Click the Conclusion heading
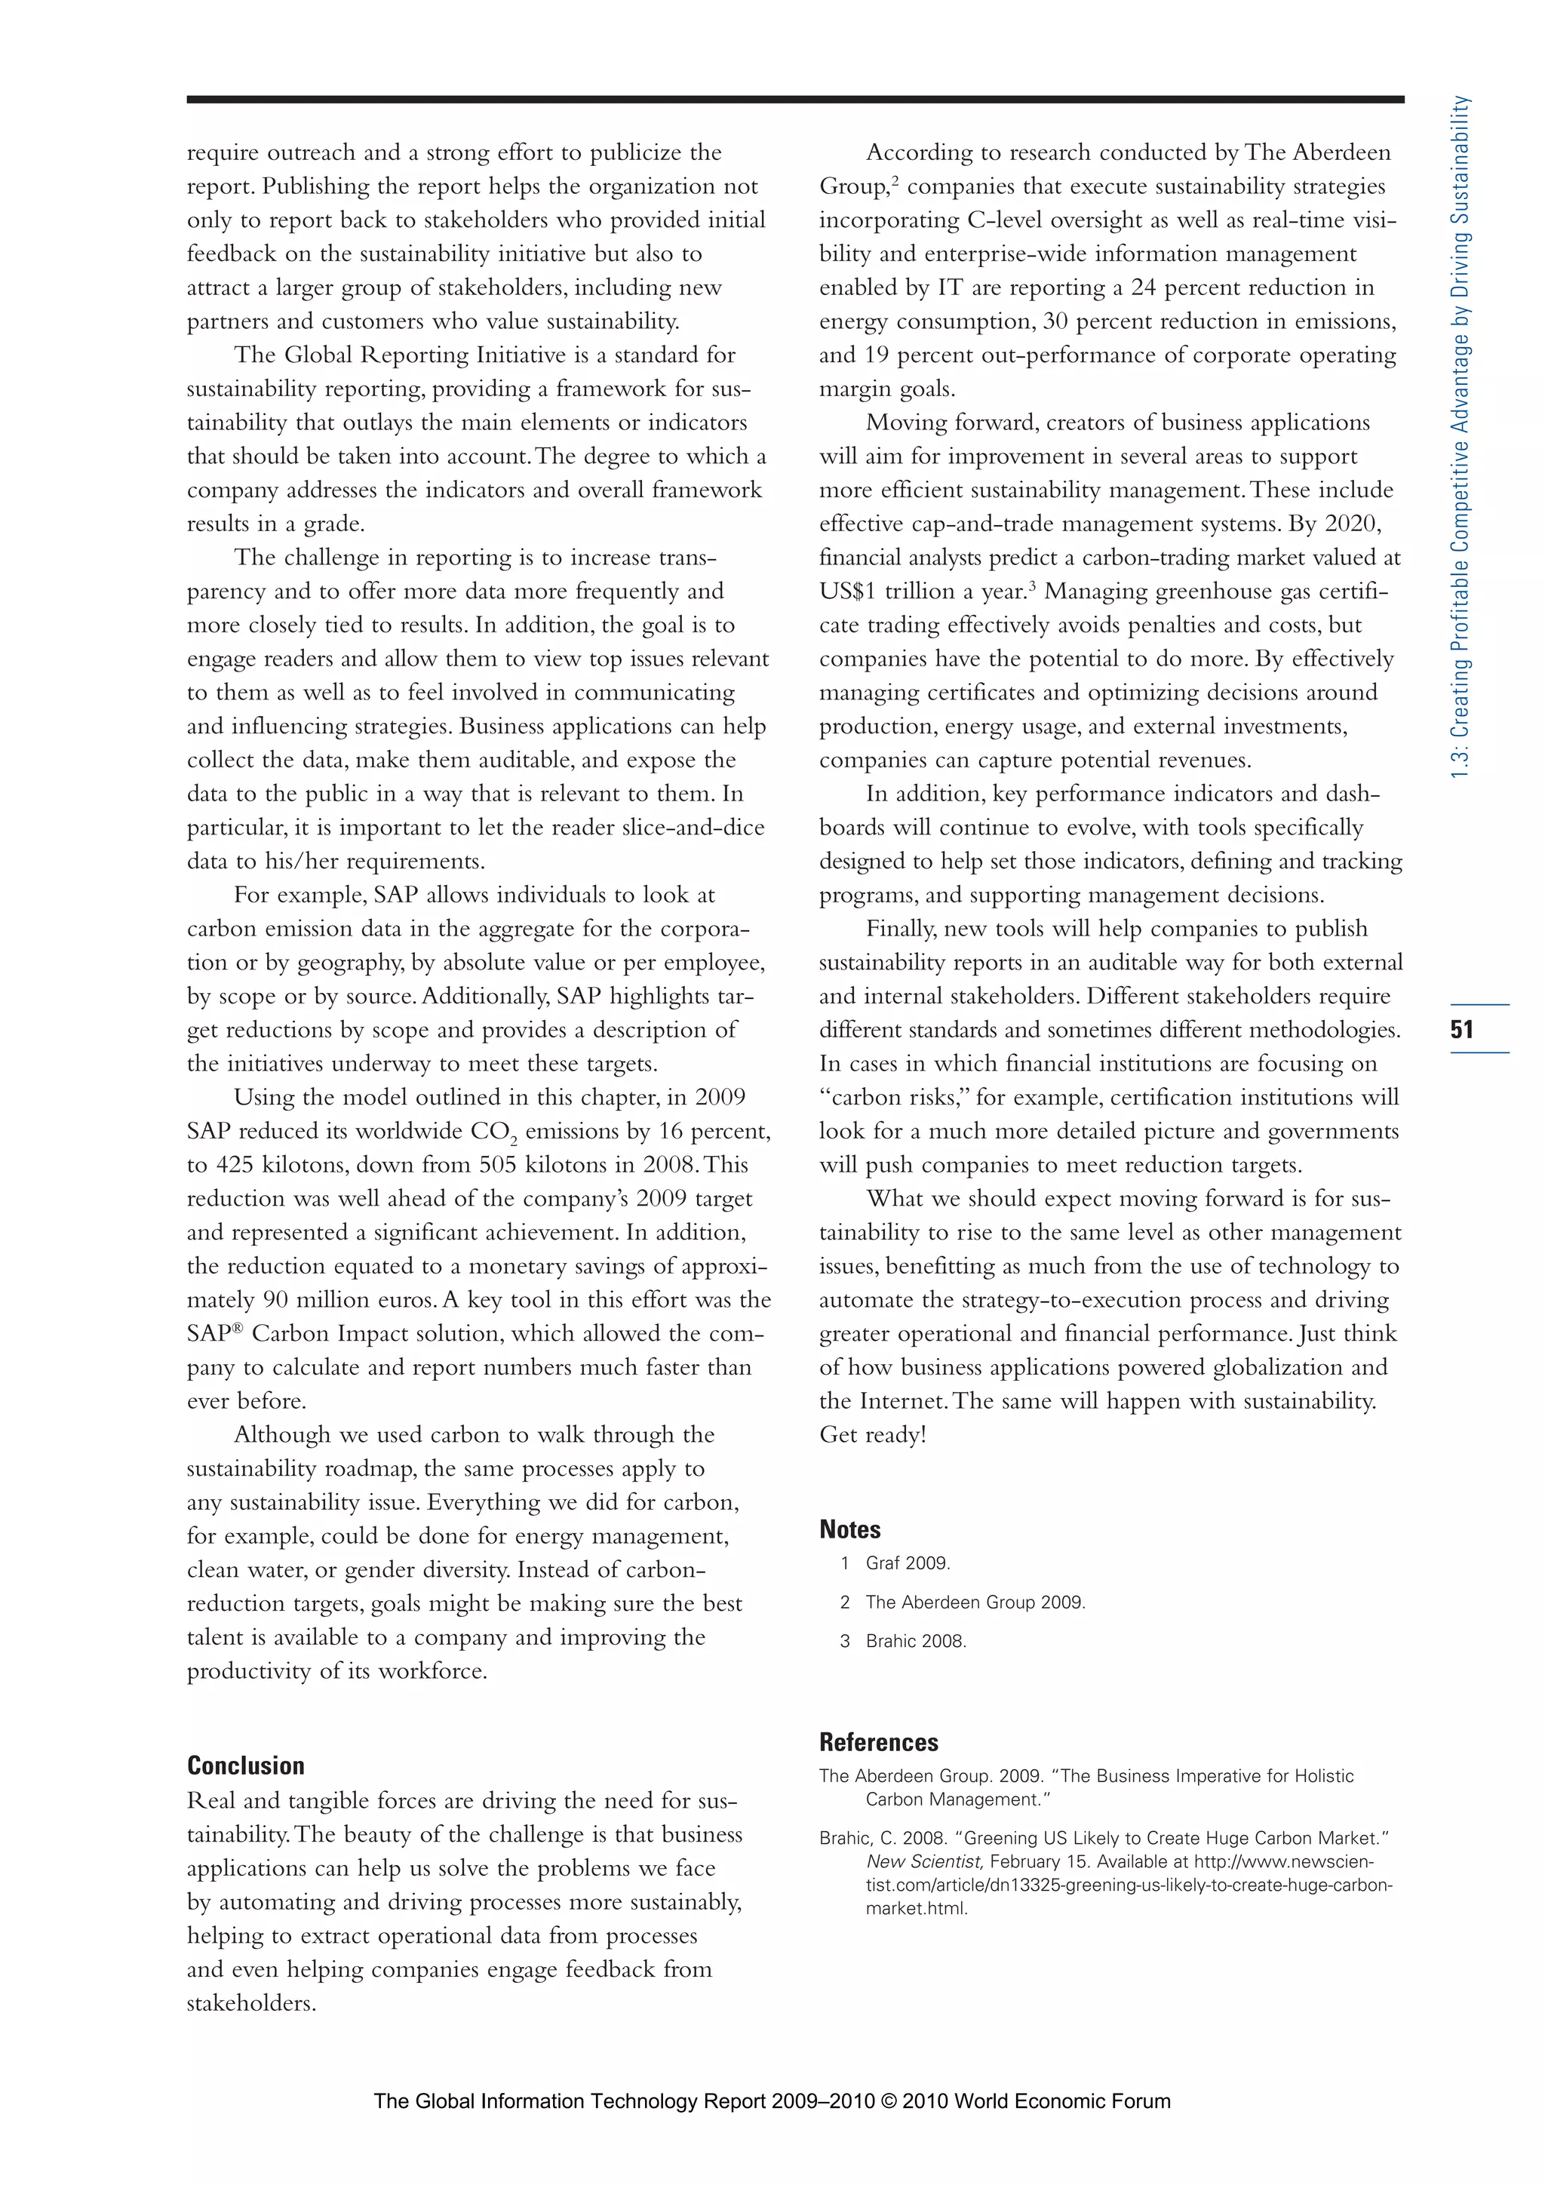245,1766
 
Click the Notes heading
849,1529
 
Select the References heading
878,1742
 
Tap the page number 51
1462,1028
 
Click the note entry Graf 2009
908,1563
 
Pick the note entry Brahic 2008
915,1642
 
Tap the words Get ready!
872,1435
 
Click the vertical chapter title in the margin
1461,438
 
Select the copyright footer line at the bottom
772,2101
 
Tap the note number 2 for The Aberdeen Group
844,1603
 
